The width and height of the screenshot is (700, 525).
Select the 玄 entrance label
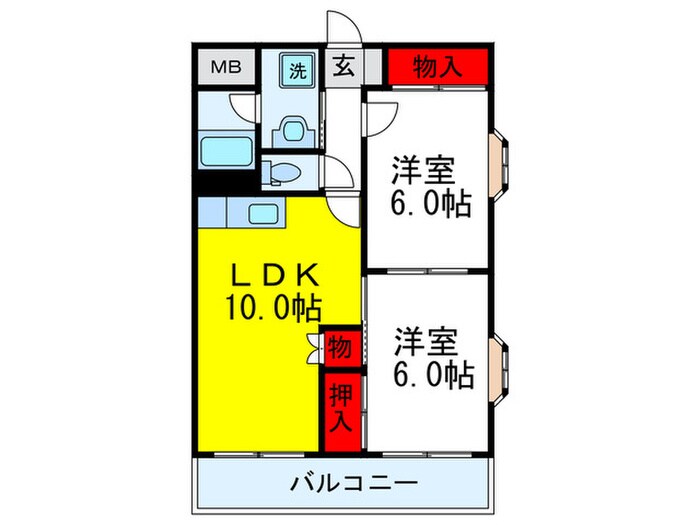(x=343, y=69)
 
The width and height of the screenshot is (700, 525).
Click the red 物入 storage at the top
(x=438, y=68)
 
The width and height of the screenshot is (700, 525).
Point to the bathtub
(x=229, y=152)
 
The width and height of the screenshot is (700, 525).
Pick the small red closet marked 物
(x=340, y=349)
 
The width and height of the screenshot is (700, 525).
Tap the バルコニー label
(x=353, y=485)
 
